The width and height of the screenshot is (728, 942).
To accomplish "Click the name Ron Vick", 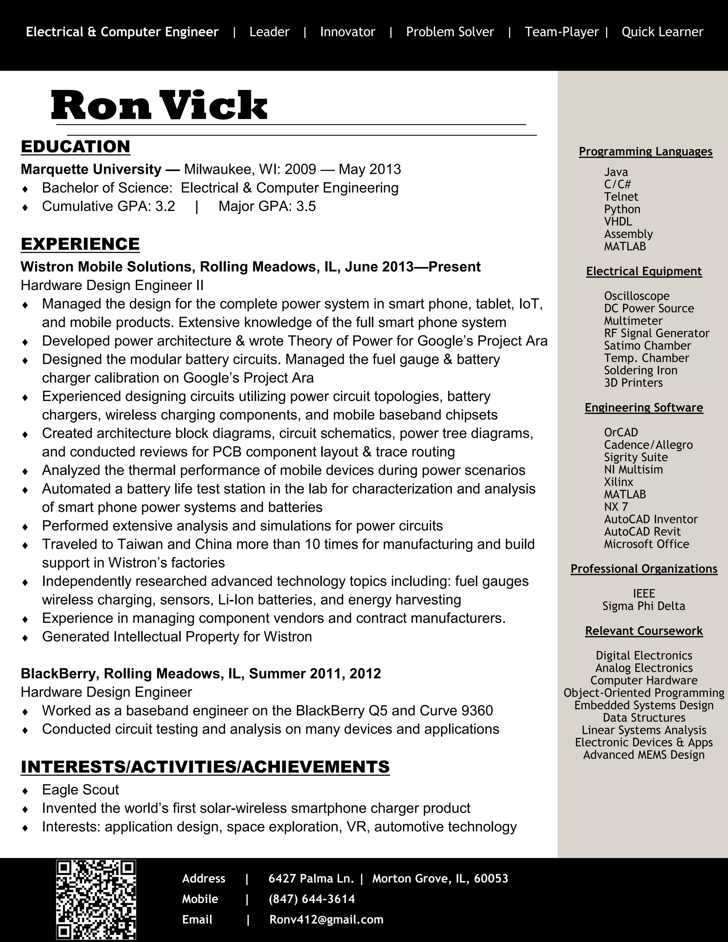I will pos(159,105).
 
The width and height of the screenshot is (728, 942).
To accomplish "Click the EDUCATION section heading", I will pos(75,147).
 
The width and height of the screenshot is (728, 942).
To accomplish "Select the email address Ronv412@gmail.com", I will pos(326,920).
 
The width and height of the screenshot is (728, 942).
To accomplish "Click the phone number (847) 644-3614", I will pos(311,899).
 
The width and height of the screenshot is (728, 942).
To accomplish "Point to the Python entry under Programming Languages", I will pos(622,209).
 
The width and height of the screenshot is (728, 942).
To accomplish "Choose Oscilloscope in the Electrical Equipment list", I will pos(637,296).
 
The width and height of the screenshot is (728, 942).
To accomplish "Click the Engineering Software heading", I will pos(643,408).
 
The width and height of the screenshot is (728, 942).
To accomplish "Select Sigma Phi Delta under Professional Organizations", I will pos(643,606).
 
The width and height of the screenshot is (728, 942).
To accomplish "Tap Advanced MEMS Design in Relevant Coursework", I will pos(643,755).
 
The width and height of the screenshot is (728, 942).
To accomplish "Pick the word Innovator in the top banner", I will pos(348,32).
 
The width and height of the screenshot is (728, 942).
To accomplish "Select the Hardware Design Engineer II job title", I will pos(112,285).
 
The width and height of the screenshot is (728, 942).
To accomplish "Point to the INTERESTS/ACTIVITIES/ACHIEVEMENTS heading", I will pos(205,767).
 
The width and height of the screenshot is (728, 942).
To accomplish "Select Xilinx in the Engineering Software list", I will pos(619,482).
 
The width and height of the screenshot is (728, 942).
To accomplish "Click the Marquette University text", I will pos(91,169).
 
